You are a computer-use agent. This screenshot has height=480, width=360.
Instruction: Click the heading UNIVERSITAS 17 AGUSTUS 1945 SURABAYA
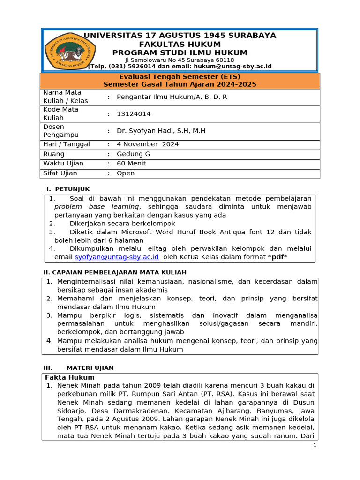180,36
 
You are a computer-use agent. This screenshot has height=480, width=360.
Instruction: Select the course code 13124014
134,114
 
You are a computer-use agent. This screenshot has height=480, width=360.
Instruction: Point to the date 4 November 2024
148,144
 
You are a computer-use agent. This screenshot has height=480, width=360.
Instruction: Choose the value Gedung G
133,154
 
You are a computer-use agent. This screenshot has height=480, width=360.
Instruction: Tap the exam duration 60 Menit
131,164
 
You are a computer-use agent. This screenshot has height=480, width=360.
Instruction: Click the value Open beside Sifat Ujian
126,173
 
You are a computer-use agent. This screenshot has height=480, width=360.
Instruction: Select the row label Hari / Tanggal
66,144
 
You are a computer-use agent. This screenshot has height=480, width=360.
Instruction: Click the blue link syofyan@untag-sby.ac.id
117,257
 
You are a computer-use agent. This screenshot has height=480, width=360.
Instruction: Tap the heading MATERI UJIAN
90,368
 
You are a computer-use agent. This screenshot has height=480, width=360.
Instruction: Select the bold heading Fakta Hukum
70,377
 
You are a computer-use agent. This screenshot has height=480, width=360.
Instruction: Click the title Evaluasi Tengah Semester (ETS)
180,77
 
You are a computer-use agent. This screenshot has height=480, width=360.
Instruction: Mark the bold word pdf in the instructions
278,257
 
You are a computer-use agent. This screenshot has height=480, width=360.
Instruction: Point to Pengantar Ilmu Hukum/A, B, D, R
172,97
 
